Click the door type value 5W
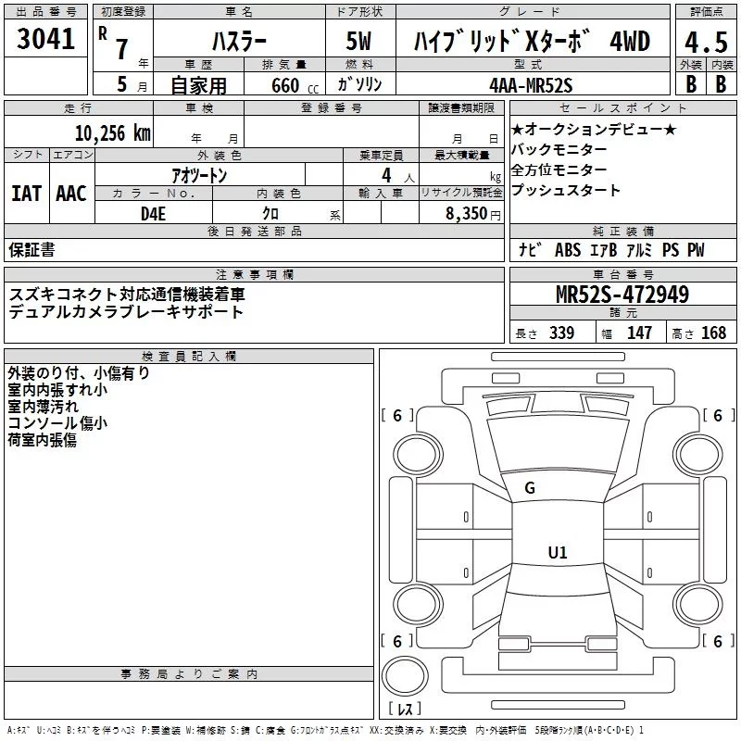pyautogui.click(x=359, y=41)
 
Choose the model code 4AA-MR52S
pyautogui.click(x=531, y=84)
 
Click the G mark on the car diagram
pyautogui.click(x=529, y=487)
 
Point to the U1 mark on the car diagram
pyautogui.click(x=557, y=552)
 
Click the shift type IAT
pyautogui.click(x=26, y=193)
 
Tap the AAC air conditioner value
pyautogui.click(x=70, y=193)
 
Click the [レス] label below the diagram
pyautogui.click(x=405, y=710)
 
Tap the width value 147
pyautogui.click(x=639, y=333)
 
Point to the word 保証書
pyautogui.click(x=32, y=249)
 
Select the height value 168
pyautogui.click(x=713, y=333)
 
